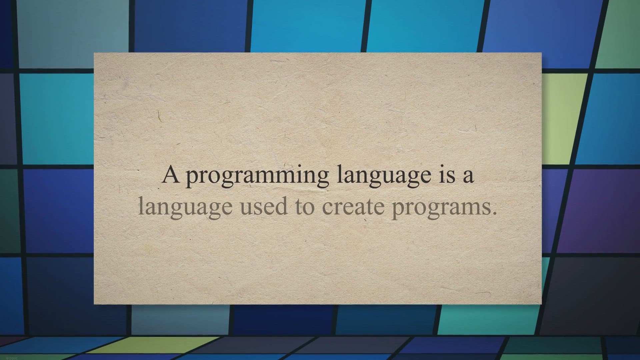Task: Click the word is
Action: (x=447, y=175)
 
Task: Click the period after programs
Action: (x=495, y=213)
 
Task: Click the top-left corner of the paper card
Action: (x=94, y=53)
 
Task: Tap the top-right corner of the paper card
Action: (x=542, y=53)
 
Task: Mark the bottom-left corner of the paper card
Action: (x=94, y=304)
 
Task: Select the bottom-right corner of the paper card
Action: (x=542, y=304)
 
